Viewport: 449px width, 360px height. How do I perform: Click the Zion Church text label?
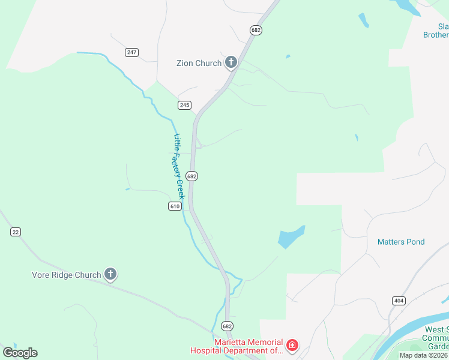click(199, 63)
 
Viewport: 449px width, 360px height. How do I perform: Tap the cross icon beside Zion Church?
click(231, 62)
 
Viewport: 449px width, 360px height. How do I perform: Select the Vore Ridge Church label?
click(67, 275)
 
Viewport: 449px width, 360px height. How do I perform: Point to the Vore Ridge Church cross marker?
click(110, 274)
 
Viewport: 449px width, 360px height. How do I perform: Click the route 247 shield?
click(132, 52)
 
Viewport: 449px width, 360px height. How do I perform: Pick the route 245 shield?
click(184, 105)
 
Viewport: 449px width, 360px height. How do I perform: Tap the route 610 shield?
click(175, 206)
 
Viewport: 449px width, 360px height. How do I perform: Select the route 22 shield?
click(16, 232)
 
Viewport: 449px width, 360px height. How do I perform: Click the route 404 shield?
click(398, 300)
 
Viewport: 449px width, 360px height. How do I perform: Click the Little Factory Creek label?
click(178, 166)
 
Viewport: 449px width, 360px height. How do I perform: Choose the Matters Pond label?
click(401, 242)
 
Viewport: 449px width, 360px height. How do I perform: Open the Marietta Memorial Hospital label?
click(236, 346)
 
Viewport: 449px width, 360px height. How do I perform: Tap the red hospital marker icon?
click(292, 346)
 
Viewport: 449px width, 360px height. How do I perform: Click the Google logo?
click(20, 353)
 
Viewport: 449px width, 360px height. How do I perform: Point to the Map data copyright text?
click(424, 355)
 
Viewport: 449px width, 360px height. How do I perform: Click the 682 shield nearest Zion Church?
click(256, 29)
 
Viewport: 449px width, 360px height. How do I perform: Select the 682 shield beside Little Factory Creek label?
click(191, 176)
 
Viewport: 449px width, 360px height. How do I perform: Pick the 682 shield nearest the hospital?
click(226, 326)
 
